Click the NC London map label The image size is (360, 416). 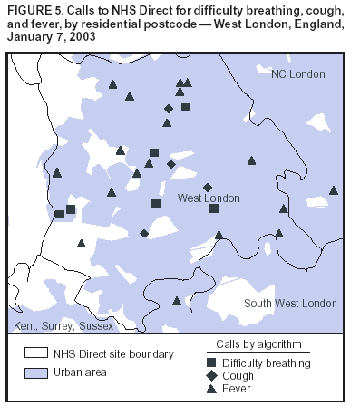click(x=297, y=73)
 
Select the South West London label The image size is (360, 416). click(x=278, y=303)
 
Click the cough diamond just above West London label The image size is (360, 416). click(x=208, y=187)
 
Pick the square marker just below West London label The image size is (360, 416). click(x=214, y=208)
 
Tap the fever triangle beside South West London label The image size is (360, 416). click(x=177, y=301)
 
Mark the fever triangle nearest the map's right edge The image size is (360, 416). click(x=334, y=190)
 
